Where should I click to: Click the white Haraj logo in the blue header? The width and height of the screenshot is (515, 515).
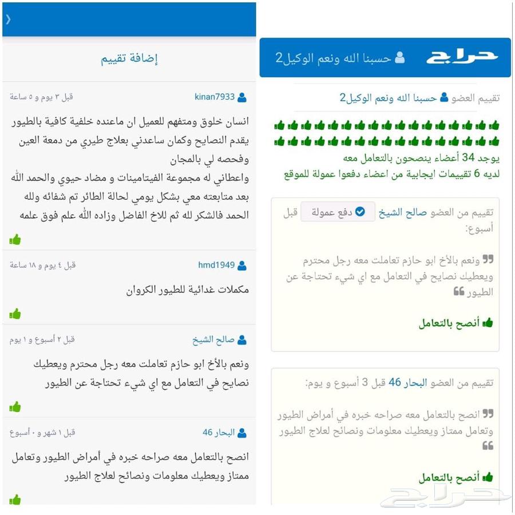pos(461,57)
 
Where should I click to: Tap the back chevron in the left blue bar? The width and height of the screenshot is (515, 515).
pos(8,19)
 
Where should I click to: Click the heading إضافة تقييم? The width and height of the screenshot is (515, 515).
pos(129,58)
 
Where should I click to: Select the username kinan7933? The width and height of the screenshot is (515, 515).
pos(215,97)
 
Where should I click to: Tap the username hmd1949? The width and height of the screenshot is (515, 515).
pos(216,265)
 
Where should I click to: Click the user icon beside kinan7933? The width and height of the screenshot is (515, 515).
pos(242,97)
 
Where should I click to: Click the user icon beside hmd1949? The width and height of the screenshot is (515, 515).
pos(242,266)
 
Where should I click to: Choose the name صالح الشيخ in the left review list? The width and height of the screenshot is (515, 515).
pos(213,340)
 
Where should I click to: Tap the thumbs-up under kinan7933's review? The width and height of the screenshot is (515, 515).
pos(15,239)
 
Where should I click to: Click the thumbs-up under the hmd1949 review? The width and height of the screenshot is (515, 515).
pos(15,313)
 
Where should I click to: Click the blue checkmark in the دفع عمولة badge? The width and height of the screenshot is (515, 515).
pos(360,212)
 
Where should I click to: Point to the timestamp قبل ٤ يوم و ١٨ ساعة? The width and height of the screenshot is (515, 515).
pos(42,265)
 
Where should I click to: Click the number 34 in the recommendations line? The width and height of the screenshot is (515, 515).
pos(468,157)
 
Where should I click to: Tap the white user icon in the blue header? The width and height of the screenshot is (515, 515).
pos(400,58)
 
